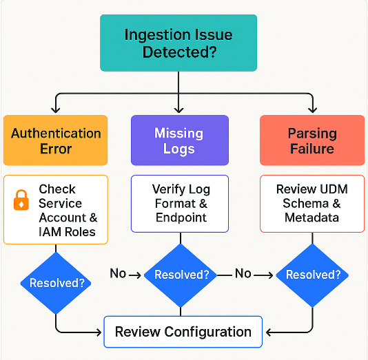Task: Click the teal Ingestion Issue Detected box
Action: [178, 43]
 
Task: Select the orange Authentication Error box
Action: [56, 140]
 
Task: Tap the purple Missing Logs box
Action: [178, 140]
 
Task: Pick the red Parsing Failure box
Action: [311, 140]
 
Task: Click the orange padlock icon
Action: [22, 200]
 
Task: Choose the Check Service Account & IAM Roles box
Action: [56, 210]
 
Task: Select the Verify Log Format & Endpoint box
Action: [181, 203]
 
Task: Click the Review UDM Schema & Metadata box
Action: [312, 203]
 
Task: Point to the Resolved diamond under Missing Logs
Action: [181, 275]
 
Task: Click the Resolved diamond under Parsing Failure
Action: [313, 275]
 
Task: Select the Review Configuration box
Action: [183, 332]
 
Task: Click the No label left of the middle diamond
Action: [118, 274]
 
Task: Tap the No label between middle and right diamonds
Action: [243, 274]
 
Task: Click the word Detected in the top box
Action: [179, 52]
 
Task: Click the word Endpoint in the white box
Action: [181, 218]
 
